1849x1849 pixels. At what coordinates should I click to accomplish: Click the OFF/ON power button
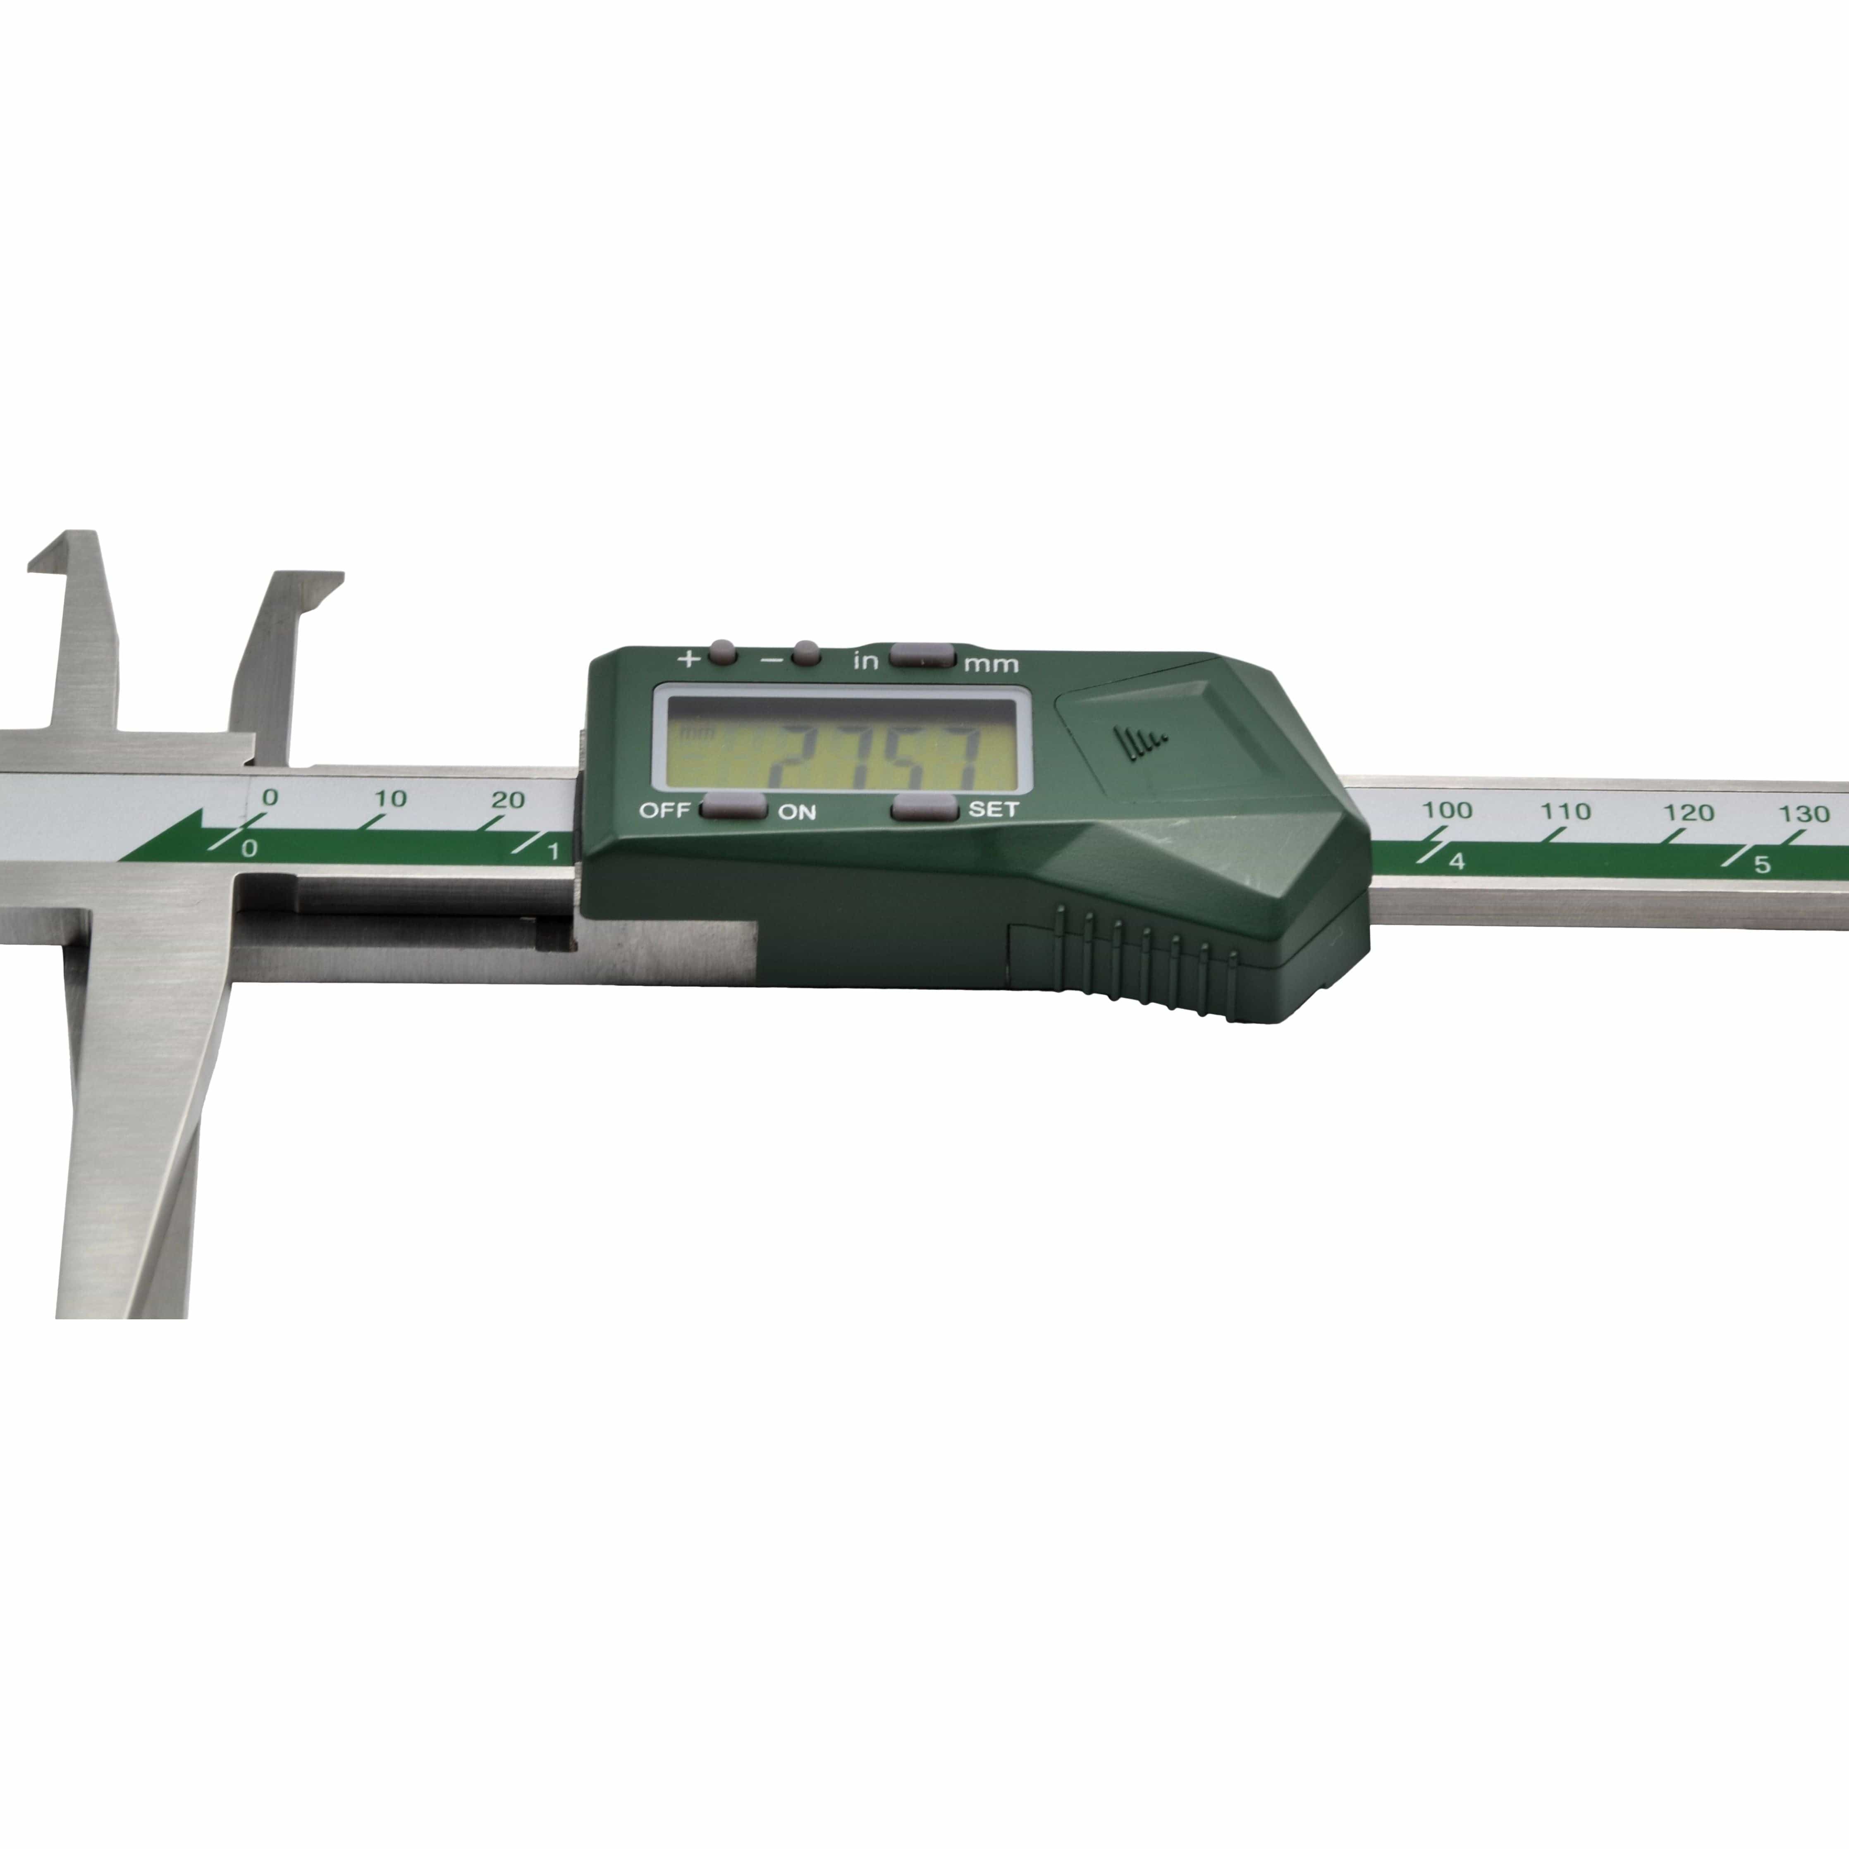733,807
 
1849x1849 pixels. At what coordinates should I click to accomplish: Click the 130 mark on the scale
1804,813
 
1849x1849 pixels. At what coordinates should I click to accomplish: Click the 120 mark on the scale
1687,812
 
